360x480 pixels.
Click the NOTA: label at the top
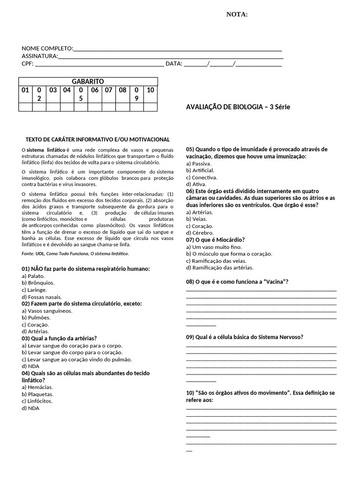coord(237,15)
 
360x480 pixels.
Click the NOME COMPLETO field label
coord(47,49)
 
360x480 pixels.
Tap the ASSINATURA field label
coord(40,56)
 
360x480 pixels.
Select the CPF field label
coord(28,64)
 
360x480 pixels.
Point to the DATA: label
coord(174,64)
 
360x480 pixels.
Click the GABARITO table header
coord(88,82)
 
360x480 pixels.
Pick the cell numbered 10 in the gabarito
coord(150,90)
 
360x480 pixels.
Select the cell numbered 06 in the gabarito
coord(95,90)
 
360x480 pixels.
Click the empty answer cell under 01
coord(25,107)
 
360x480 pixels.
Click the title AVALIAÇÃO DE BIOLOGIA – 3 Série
coord(238,107)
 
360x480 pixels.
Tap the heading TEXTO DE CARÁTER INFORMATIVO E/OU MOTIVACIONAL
coord(97,140)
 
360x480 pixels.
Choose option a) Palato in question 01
coord(34,276)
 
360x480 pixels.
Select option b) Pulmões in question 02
coord(36,317)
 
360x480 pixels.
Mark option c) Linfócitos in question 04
coord(37,401)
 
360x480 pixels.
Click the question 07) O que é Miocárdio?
coord(215,240)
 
